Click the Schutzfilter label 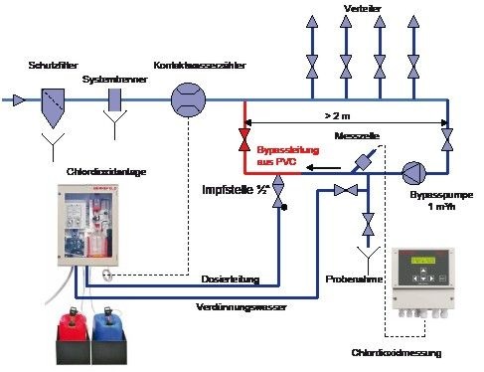54,65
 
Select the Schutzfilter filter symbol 55,101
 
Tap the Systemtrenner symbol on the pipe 115,100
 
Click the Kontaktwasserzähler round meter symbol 186,100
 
